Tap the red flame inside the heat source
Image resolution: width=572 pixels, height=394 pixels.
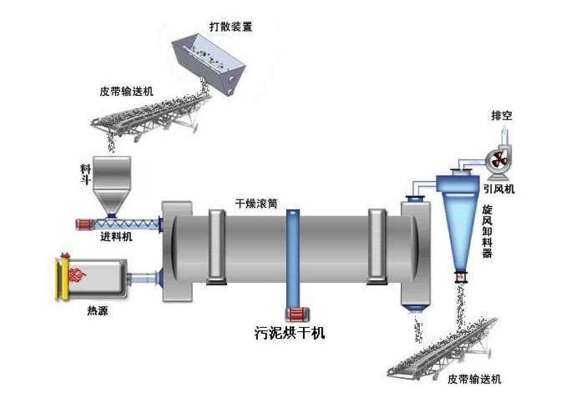pos(77,275)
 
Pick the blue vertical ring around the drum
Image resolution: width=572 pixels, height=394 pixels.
pos(293,259)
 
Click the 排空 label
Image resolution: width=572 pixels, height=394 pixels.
pos(500,117)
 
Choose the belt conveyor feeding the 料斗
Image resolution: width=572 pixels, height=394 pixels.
pos(149,115)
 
